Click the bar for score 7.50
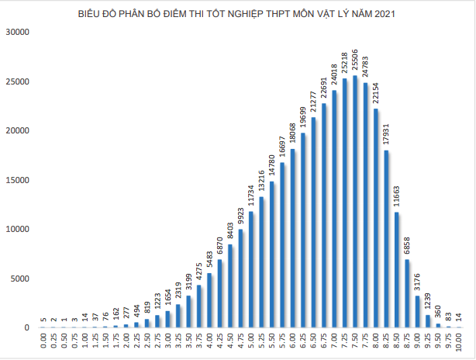[x=355, y=202]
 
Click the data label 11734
[x=250, y=195]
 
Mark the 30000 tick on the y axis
[x=16, y=32]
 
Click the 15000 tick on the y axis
[x=16, y=180]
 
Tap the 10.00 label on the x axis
[x=460, y=342]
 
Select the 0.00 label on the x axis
[x=43, y=342]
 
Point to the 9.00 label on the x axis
[x=418, y=342]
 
